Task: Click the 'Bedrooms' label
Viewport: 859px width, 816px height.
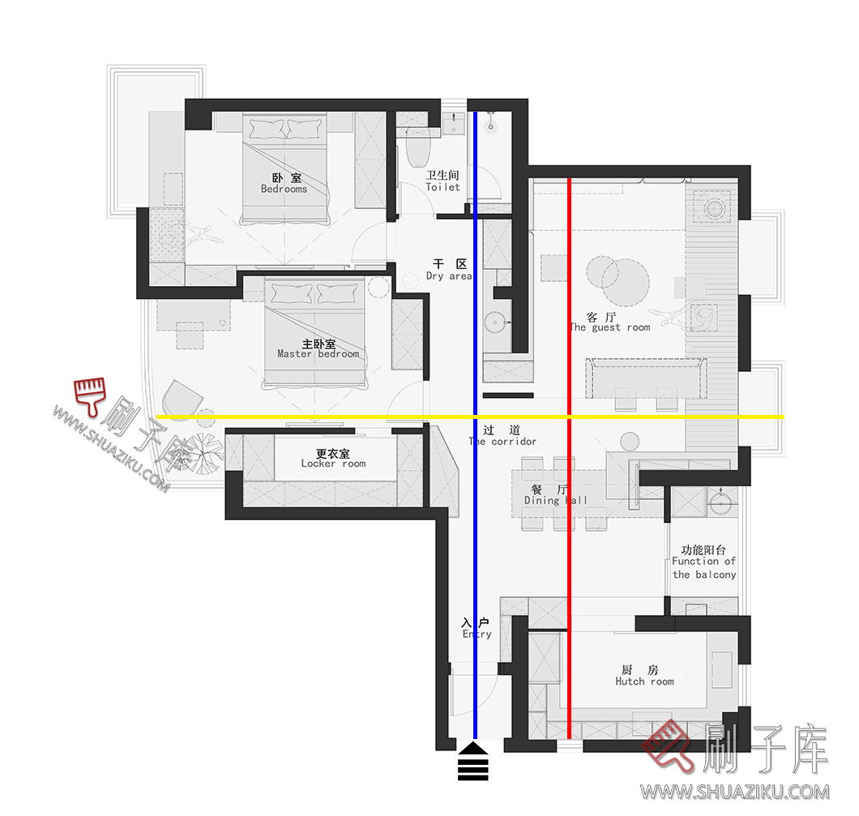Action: click(x=284, y=189)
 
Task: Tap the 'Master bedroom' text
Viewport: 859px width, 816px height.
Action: click(x=318, y=354)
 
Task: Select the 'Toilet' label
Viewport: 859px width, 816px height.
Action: click(x=442, y=187)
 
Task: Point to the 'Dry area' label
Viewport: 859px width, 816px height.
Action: click(x=449, y=276)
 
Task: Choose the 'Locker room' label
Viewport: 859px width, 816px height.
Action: click(x=333, y=464)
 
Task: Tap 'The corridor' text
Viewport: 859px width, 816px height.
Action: click(x=503, y=442)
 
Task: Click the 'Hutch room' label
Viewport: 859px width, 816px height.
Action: click(x=644, y=681)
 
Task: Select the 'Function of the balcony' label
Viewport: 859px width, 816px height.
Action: click(x=703, y=567)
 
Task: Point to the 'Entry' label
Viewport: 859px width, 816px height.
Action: click(x=477, y=634)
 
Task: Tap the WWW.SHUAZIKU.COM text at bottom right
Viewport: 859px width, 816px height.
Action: click(x=734, y=792)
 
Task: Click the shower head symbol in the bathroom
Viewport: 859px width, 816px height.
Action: click(x=489, y=126)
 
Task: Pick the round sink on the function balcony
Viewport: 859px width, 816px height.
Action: click(x=721, y=506)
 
